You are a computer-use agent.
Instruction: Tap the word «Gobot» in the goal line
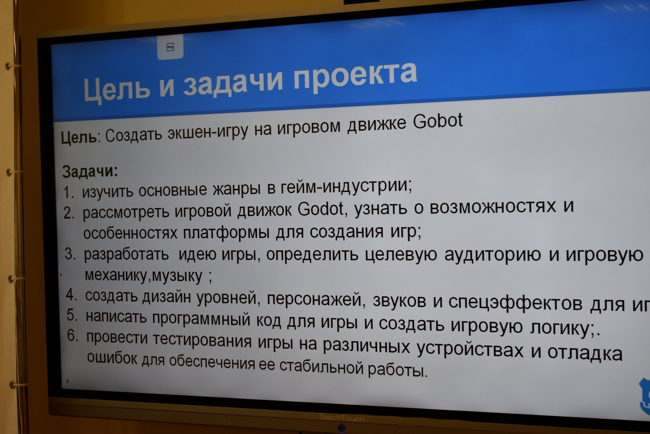[x=438, y=121]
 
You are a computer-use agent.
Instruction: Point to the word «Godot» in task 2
[x=321, y=209]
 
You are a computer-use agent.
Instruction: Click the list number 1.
[x=68, y=192]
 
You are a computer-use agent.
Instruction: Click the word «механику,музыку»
[x=144, y=276]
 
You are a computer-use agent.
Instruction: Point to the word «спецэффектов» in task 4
[x=515, y=303]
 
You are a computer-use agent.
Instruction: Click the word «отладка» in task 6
[x=585, y=353]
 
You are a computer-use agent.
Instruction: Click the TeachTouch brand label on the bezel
[x=342, y=418]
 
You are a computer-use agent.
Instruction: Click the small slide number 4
[x=67, y=381]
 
